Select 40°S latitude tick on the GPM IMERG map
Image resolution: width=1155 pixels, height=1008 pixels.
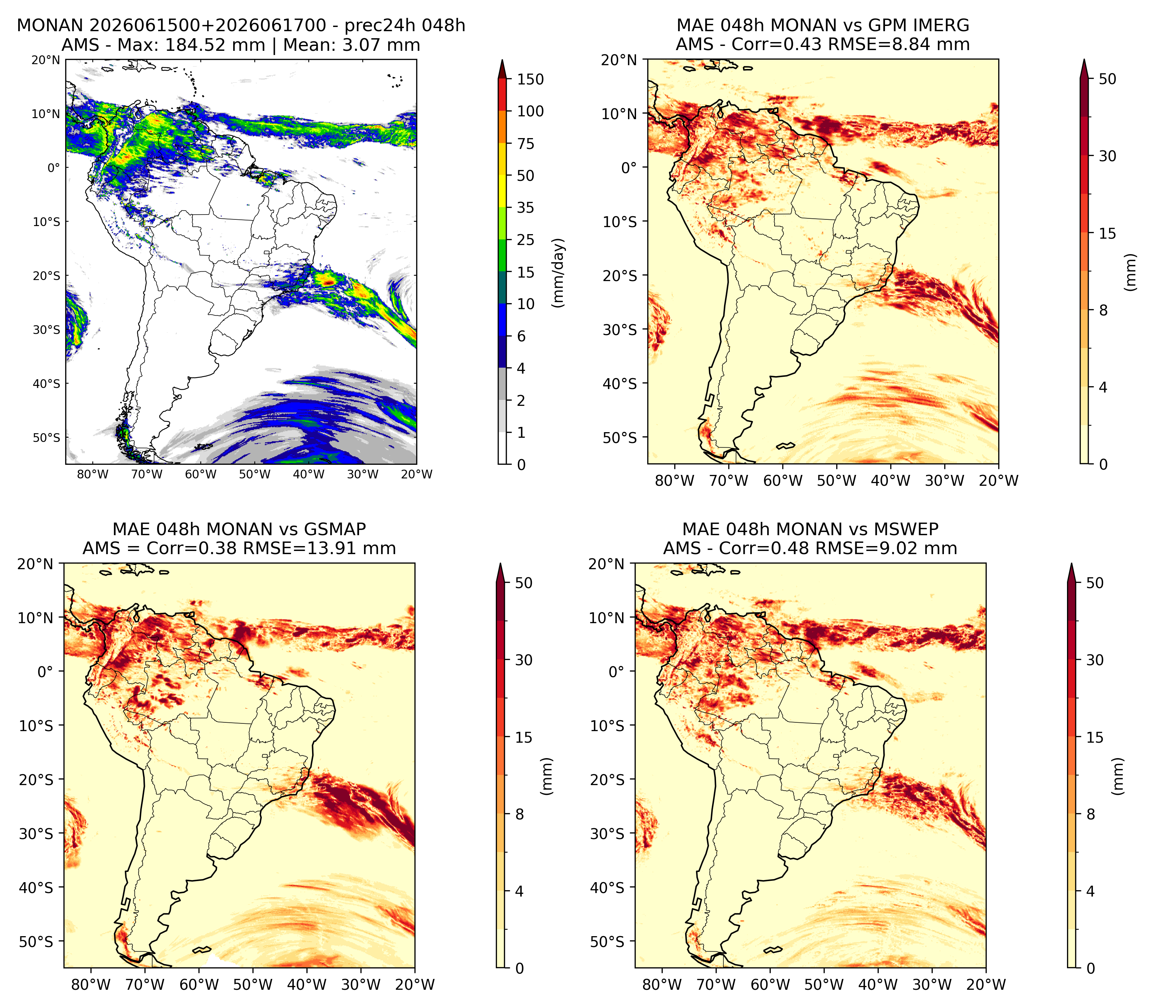(x=620, y=384)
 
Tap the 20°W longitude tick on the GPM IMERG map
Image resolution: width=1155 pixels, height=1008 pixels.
(x=999, y=481)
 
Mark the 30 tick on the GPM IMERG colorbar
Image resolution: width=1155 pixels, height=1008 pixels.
(x=1107, y=156)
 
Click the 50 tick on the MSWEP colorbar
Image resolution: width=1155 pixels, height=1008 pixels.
(x=1095, y=583)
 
